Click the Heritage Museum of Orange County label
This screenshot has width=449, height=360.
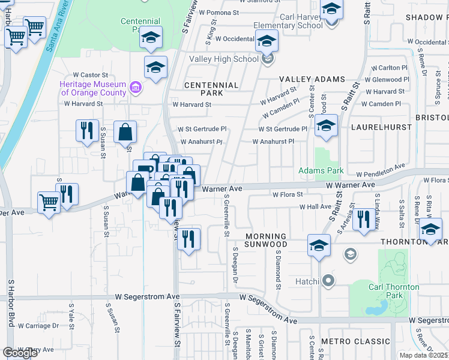coord(92,88)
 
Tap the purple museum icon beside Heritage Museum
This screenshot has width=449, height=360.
coord(136,89)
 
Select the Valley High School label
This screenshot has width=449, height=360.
coord(224,59)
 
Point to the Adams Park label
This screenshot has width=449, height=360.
coord(321,171)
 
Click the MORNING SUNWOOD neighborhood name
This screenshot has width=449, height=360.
coord(262,240)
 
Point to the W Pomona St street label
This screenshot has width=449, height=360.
coord(219,11)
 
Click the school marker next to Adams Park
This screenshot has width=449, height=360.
coord(326,126)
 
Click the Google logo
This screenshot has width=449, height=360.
coord(20,353)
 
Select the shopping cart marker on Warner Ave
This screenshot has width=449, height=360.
coord(48,202)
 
